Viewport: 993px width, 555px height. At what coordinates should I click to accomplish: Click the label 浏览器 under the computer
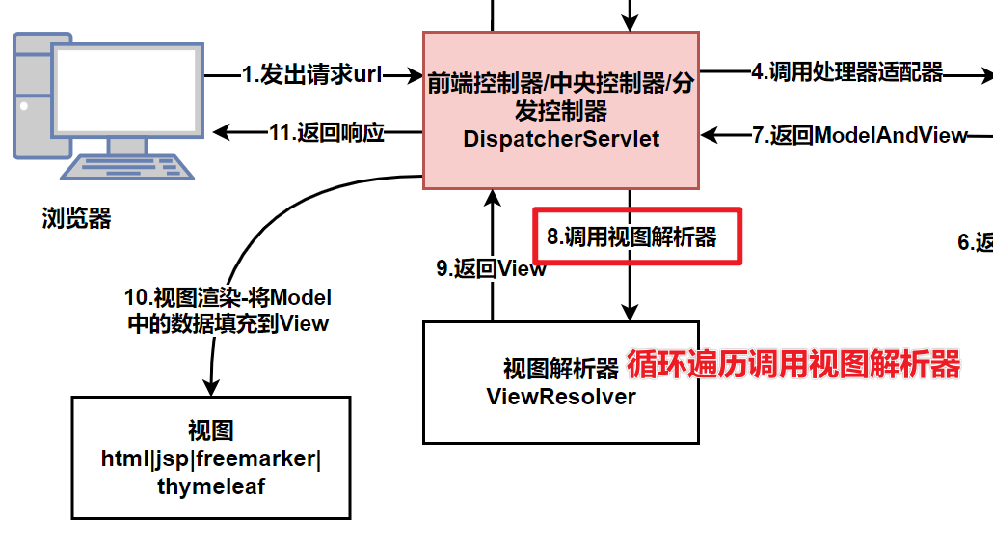coord(77,219)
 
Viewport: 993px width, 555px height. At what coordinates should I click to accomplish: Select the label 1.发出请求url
coord(311,75)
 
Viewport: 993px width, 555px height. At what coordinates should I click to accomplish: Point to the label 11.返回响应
coord(327,134)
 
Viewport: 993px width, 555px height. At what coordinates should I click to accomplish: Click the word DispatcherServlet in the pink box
coord(561,139)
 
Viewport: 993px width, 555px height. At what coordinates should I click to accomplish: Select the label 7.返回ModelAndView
coord(859,136)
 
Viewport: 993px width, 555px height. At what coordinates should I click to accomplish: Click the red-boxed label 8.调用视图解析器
coord(631,236)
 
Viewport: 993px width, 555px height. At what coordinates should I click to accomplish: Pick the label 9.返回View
coord(491,269)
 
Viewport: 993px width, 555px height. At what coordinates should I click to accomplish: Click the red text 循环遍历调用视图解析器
coord(793,366)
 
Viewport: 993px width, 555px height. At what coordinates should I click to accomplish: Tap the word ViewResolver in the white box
coord(561,396)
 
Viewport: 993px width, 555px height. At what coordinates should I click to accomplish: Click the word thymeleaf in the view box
coord(211,486)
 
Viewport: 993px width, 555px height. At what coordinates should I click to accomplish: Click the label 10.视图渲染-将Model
coord(228,297)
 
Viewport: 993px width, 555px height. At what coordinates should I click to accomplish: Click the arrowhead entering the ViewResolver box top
coord(630,313)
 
